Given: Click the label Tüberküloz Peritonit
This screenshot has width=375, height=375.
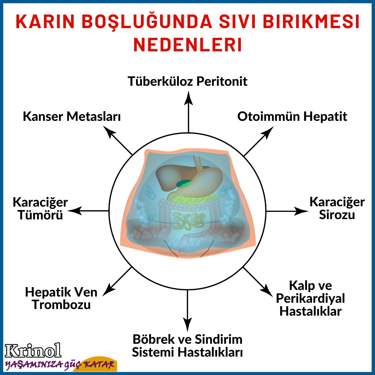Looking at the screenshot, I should point(187,81).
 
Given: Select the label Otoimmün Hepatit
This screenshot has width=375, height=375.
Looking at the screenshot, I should point(292,116).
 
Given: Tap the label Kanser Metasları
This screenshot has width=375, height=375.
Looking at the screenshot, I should point(72,116).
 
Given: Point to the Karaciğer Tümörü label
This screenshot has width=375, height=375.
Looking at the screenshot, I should point(40,208).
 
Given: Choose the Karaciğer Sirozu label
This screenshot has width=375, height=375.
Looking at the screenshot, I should point(337,208).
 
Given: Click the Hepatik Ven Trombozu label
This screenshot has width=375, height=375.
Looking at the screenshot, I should point(61,298).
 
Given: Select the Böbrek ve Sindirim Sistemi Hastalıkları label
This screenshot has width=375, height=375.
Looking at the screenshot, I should point(187,345).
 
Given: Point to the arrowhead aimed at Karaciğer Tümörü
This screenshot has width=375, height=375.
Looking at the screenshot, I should point(75,211).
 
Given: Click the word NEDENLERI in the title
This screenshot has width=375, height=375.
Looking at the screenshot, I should point(187,45).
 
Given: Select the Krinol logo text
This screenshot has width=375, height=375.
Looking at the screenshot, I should point(33,351).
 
